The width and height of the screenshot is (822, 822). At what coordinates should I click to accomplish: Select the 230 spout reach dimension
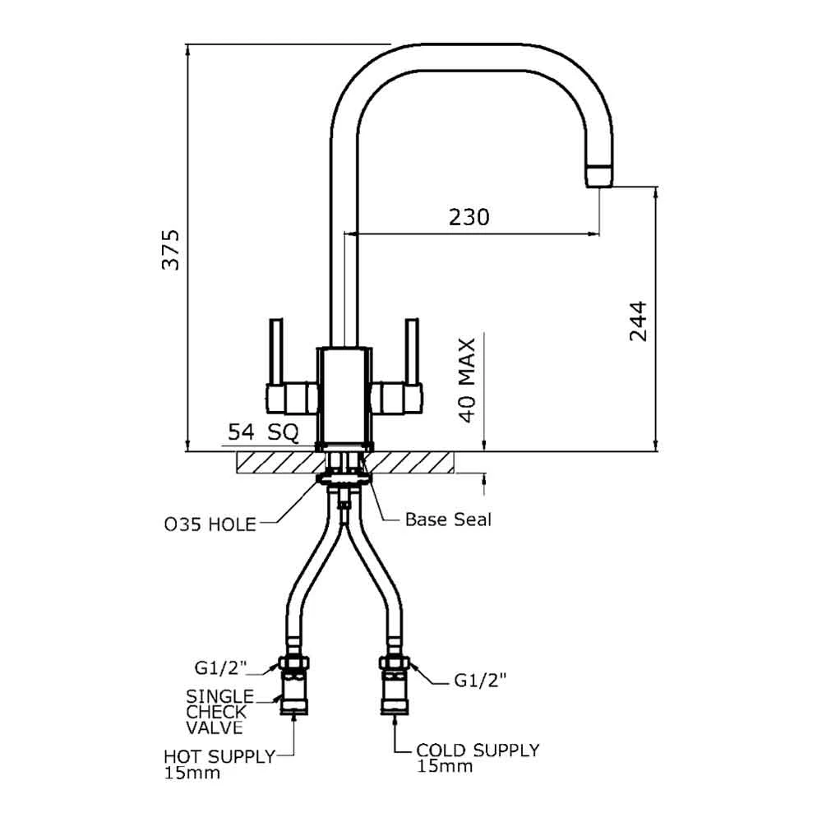coord(469,217)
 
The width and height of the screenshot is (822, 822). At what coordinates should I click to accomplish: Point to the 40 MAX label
coord(467,380)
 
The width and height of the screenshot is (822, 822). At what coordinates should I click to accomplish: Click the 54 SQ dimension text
coord(261,432)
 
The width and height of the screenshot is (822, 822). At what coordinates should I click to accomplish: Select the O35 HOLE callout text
coord(209,523)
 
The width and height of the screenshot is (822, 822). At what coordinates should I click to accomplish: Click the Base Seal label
coord(448,520)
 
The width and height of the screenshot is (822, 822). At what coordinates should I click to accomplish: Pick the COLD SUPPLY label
coord(478,750)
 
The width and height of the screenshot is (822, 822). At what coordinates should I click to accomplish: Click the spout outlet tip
coord(599,175)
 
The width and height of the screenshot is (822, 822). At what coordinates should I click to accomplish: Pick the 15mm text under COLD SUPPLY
coord(445,767)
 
